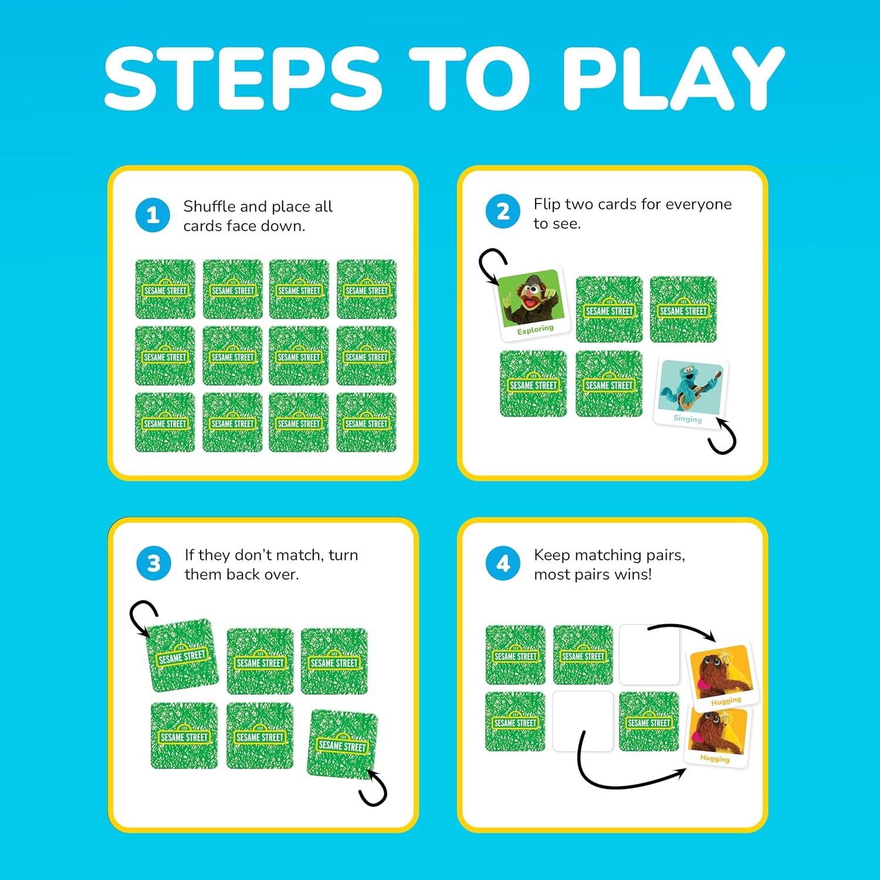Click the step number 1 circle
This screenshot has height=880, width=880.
[153, 215]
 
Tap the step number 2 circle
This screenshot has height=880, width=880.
[503, 212]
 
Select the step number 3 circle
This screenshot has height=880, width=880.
[154, 563]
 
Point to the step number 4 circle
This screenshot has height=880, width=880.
[503, 563]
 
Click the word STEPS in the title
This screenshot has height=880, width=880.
[243, 79]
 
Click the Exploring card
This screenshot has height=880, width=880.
[534, 303]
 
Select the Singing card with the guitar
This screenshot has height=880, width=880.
[691, 392]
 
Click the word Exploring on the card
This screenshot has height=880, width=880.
[535, 330]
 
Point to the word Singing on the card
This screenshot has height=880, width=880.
[688, 418]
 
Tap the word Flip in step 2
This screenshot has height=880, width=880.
[547, 205]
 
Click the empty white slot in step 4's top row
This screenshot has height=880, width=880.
[649, 655]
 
